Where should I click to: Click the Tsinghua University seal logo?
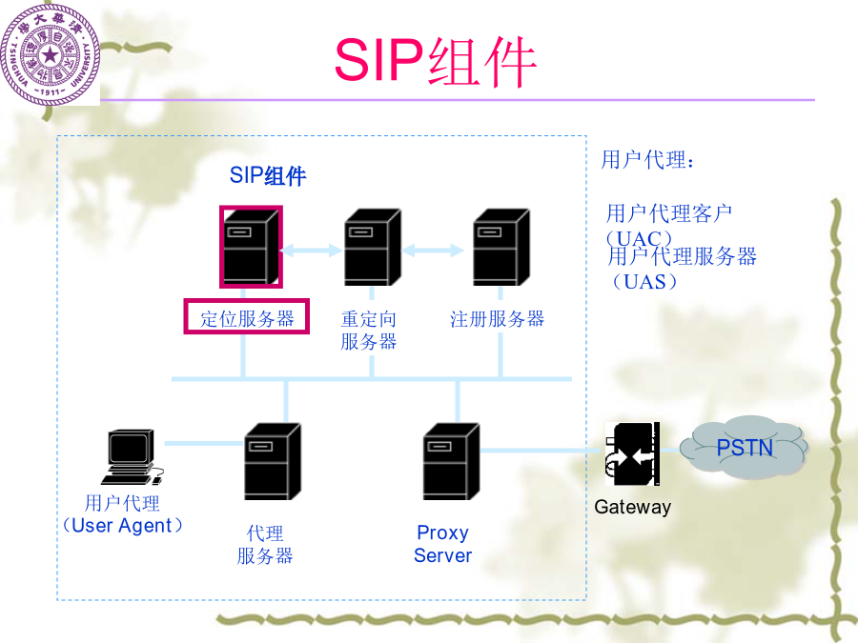click(51, 54)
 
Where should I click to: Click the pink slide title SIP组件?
click(436, 61)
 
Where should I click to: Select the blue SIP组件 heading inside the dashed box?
click(268, 176)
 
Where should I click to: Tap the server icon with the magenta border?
click(251, 247)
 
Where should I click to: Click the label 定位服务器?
click(247, 318)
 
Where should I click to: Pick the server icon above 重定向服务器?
click(372, 247)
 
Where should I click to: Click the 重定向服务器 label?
click(368, 331)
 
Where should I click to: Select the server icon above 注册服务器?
click(500, 247)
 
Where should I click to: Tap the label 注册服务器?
click(497, 319)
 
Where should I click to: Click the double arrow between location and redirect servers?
click(312, 251)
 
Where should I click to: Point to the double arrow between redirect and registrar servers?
click(433, 251)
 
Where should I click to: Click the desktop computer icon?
click(132, 457)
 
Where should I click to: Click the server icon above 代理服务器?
click(272, 461)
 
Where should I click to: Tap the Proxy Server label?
click(442, 544)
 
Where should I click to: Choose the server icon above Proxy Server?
click(452, 461)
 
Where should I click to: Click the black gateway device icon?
click(633, 453)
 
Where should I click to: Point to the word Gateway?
click(633, 507)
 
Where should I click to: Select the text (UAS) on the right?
click(644, 282)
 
